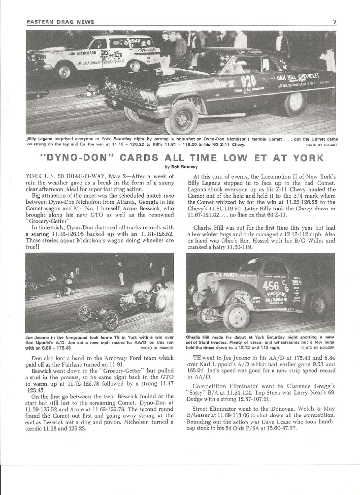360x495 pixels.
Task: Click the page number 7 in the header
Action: tap(335, 22)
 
